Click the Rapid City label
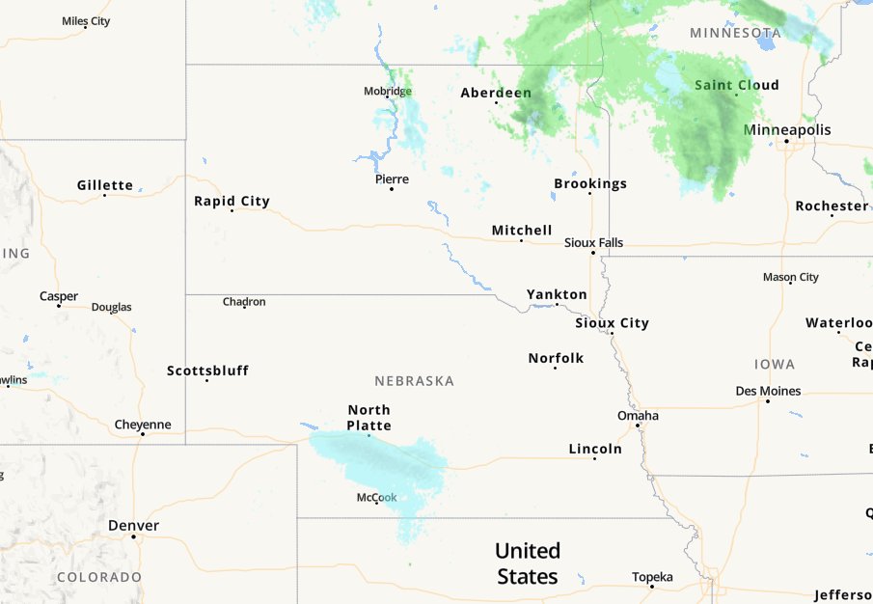(x=232, y=201)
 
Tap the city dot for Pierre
(x=391, y=189)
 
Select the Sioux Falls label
(x=593, y=242)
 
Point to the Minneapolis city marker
(x=787, y=142)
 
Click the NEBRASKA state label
(x=414, y=381)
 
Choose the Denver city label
(x=133, y=525)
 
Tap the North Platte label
(x=369, y=418)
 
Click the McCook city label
(x=376, y=497)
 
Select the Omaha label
(x=638, y=415)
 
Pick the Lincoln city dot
(x=594, y=458)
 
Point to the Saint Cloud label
(x=737, y=85)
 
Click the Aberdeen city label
(x=496, y=93)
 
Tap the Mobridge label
(x=387, y=91)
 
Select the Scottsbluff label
(x=207, y=371)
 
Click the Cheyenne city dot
(x=143, y=434)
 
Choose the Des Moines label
(x=768, y=391)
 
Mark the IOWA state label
(x=775, y=364)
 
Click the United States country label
(x=527, y=563)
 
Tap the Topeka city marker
(x=652, y=587)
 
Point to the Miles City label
(x=85, y=20)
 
